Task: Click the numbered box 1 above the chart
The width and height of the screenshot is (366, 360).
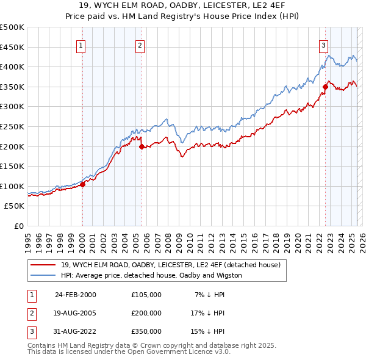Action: [82, 45]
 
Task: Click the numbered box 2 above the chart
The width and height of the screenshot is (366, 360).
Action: [140, 45]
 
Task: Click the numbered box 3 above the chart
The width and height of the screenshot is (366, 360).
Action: [323, 45]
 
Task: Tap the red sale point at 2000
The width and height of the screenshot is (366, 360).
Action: [82, 185]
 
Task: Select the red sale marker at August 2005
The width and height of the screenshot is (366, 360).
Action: [142, 146]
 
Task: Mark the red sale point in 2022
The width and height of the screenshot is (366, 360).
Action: [325, 87]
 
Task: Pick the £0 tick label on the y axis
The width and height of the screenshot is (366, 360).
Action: [18, 226]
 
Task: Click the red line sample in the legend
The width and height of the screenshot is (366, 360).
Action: [43, 265]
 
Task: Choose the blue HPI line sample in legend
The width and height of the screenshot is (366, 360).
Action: [43, 275]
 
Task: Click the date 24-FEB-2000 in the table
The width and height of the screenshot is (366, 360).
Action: [76, 295]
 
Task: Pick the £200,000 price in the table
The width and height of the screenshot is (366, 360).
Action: [146, 313]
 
